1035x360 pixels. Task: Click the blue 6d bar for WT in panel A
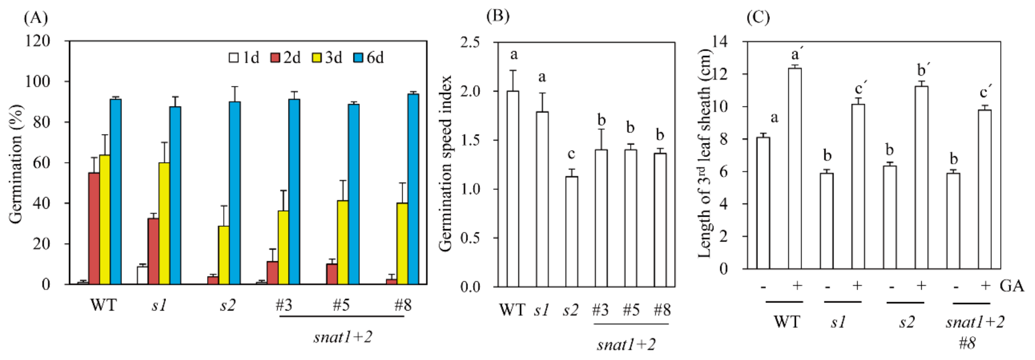(116, 192)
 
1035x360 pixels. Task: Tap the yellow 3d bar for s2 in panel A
(224, 255)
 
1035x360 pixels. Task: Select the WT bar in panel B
(513, 189)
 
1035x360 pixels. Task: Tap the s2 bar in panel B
(572, 231)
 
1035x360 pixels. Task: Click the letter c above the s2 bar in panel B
(571, 154)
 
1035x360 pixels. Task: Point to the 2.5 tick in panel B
(470, 42)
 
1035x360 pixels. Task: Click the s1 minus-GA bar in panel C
(826, 221)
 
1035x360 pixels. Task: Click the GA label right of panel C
(1012, 286)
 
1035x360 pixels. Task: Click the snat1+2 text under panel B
(626, 344)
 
